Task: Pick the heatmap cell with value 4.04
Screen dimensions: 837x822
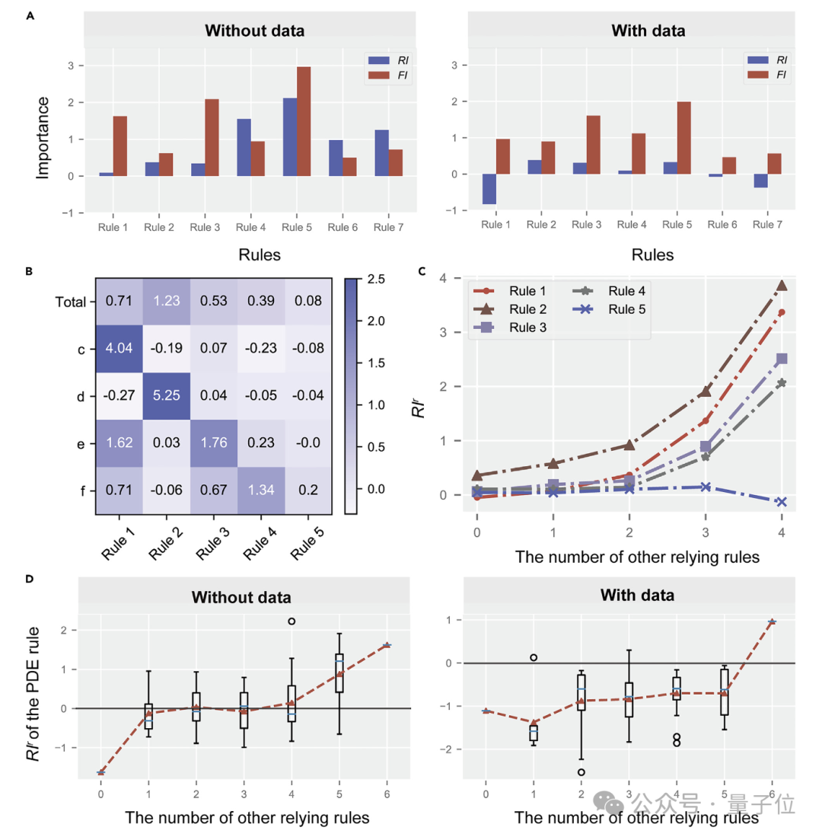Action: click(119, 349)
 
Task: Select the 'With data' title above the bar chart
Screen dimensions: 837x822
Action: click(648, 31)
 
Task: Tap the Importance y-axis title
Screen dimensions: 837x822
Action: click(43, 137)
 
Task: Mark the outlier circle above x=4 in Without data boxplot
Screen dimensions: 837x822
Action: click(292, 621)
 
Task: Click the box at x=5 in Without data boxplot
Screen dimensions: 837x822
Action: click(339, 672)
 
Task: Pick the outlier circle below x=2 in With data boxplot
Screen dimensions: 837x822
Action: click(581, 772)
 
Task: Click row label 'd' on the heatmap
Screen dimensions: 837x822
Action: click(81, 396)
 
